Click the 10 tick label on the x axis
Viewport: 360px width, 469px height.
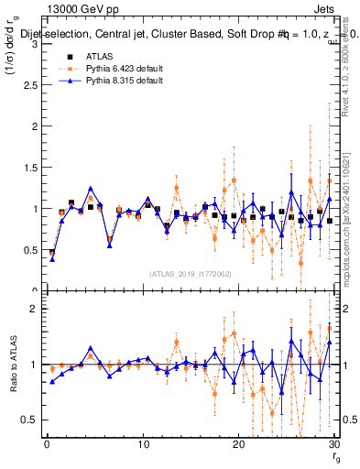(143, 444)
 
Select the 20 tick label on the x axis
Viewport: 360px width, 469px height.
(238, 444)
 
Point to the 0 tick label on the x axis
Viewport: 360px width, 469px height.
(47, 444)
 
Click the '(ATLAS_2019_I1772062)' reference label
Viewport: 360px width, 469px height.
(190, 273)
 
